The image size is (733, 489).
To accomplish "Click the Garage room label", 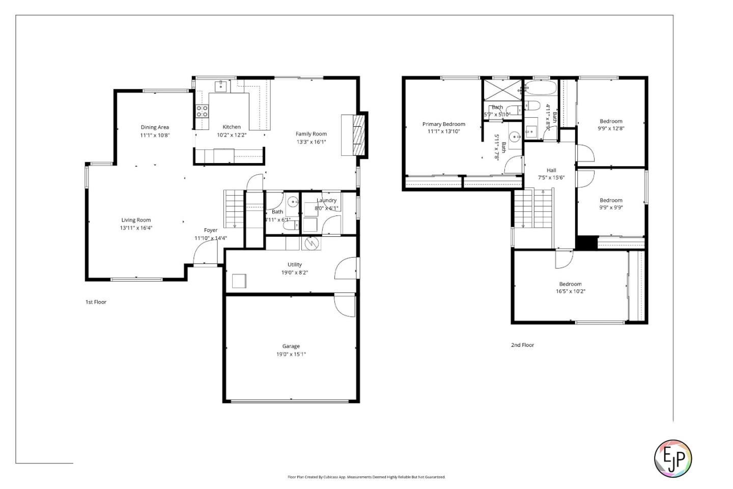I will [291, 346].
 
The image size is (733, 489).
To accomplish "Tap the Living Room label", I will [136, 220].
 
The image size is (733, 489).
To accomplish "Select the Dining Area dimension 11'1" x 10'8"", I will [155, 135].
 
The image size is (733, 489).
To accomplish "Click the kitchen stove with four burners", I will [202, 111].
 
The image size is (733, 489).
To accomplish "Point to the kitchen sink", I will [220, 86].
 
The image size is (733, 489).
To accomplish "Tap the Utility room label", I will [294, 264].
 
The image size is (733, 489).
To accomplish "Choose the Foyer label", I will [211, 230].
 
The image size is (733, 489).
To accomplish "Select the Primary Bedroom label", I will [443, 124].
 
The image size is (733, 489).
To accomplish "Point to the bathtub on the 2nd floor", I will [541, 88].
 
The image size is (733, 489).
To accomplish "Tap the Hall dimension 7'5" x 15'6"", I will [551, 178].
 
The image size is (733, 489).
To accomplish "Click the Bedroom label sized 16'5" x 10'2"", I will [570, 284].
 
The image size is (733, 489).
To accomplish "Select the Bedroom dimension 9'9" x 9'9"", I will [611, 207].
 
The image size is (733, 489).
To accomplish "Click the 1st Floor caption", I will [96, 302].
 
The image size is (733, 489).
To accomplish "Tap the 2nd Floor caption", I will [522, 345].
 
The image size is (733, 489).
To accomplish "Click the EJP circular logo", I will [672, 458].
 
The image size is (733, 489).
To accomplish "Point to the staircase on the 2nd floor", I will [533, 209].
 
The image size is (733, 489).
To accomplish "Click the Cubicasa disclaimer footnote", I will [366, 477].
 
